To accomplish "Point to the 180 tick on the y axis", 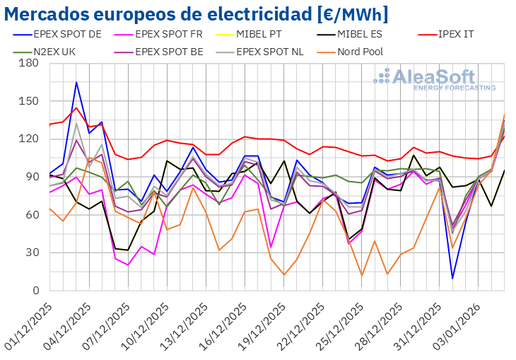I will pos(28,63).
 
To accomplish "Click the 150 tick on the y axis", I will pos(28,101).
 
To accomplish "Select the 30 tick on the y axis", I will pos(31,252).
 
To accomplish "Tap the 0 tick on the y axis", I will pos(34,291).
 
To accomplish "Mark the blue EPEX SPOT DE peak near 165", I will pos(76,82).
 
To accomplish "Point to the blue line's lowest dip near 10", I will pos(452,278).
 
